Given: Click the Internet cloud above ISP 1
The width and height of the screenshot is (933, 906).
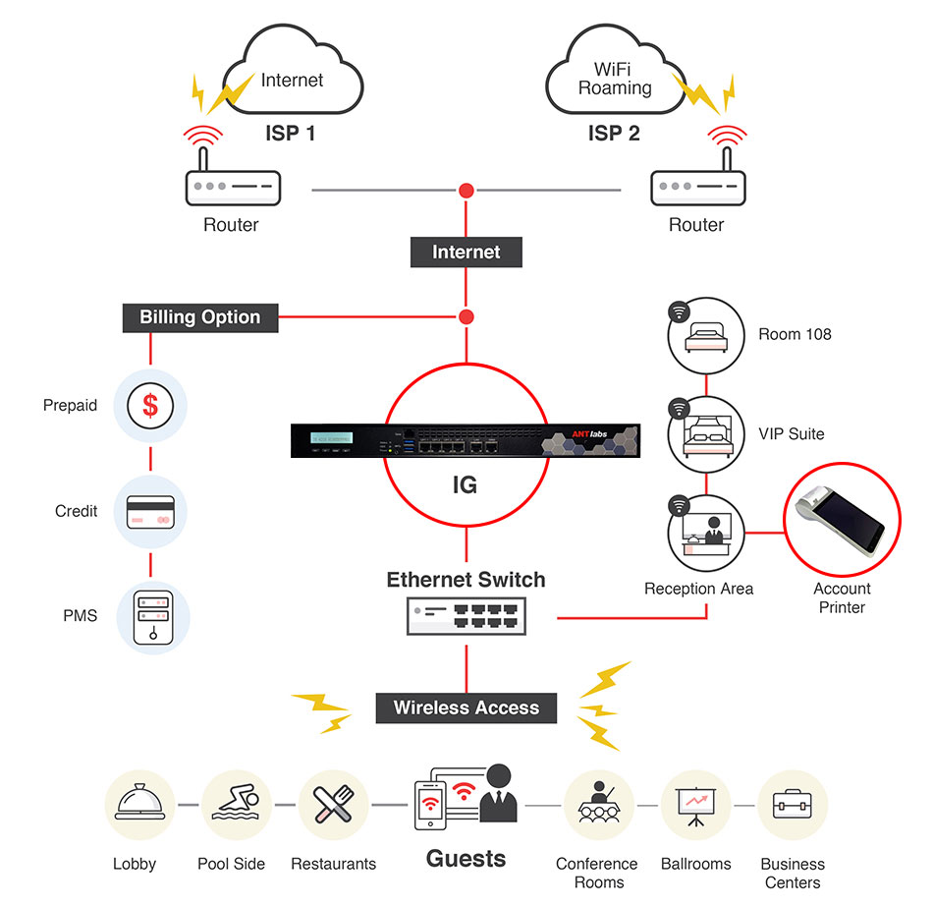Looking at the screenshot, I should click(292, 80).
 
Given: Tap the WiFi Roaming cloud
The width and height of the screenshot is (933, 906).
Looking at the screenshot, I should click(615, 80).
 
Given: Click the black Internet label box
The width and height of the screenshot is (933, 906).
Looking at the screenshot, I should click(466, 252).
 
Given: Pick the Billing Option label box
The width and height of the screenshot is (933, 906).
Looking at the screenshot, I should click(200, 317).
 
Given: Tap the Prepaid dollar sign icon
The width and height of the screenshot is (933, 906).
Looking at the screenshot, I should click(150, 405).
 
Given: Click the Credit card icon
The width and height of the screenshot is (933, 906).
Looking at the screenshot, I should click(150, 512).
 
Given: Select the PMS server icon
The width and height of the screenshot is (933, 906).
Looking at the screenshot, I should click(150, 617).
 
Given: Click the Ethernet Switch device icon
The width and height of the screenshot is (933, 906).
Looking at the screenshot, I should click(466, 616).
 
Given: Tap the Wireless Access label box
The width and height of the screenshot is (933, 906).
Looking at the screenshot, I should click(466, 708).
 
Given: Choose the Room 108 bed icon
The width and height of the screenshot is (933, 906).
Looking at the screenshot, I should click(707, 336).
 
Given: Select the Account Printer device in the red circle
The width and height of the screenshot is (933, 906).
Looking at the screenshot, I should click(842, 522).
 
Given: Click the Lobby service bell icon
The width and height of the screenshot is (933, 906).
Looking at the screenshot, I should click(140, 805).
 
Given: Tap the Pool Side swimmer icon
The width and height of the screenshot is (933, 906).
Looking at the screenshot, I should click(237, 805).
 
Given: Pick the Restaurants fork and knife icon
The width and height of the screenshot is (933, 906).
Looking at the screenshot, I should click(333, 805).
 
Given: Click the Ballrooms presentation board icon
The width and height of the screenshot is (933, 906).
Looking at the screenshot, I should click(696, 805).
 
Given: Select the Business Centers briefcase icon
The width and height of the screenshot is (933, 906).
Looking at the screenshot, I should click(793, 805).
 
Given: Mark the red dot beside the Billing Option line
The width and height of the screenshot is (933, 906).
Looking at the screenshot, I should click(466, 317).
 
